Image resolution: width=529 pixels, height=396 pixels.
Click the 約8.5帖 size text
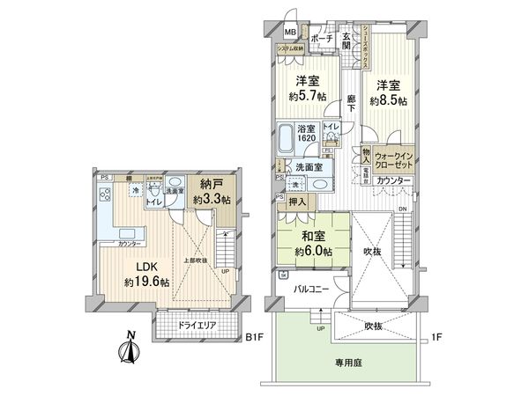tap(388, 101)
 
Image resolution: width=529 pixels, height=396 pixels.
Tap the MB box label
tap(289, 33)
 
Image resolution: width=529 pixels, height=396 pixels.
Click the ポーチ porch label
tap(321, 39)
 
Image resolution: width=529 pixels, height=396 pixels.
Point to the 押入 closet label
tap(297, 202)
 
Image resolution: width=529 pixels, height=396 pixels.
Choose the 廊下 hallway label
tap(351, 101)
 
